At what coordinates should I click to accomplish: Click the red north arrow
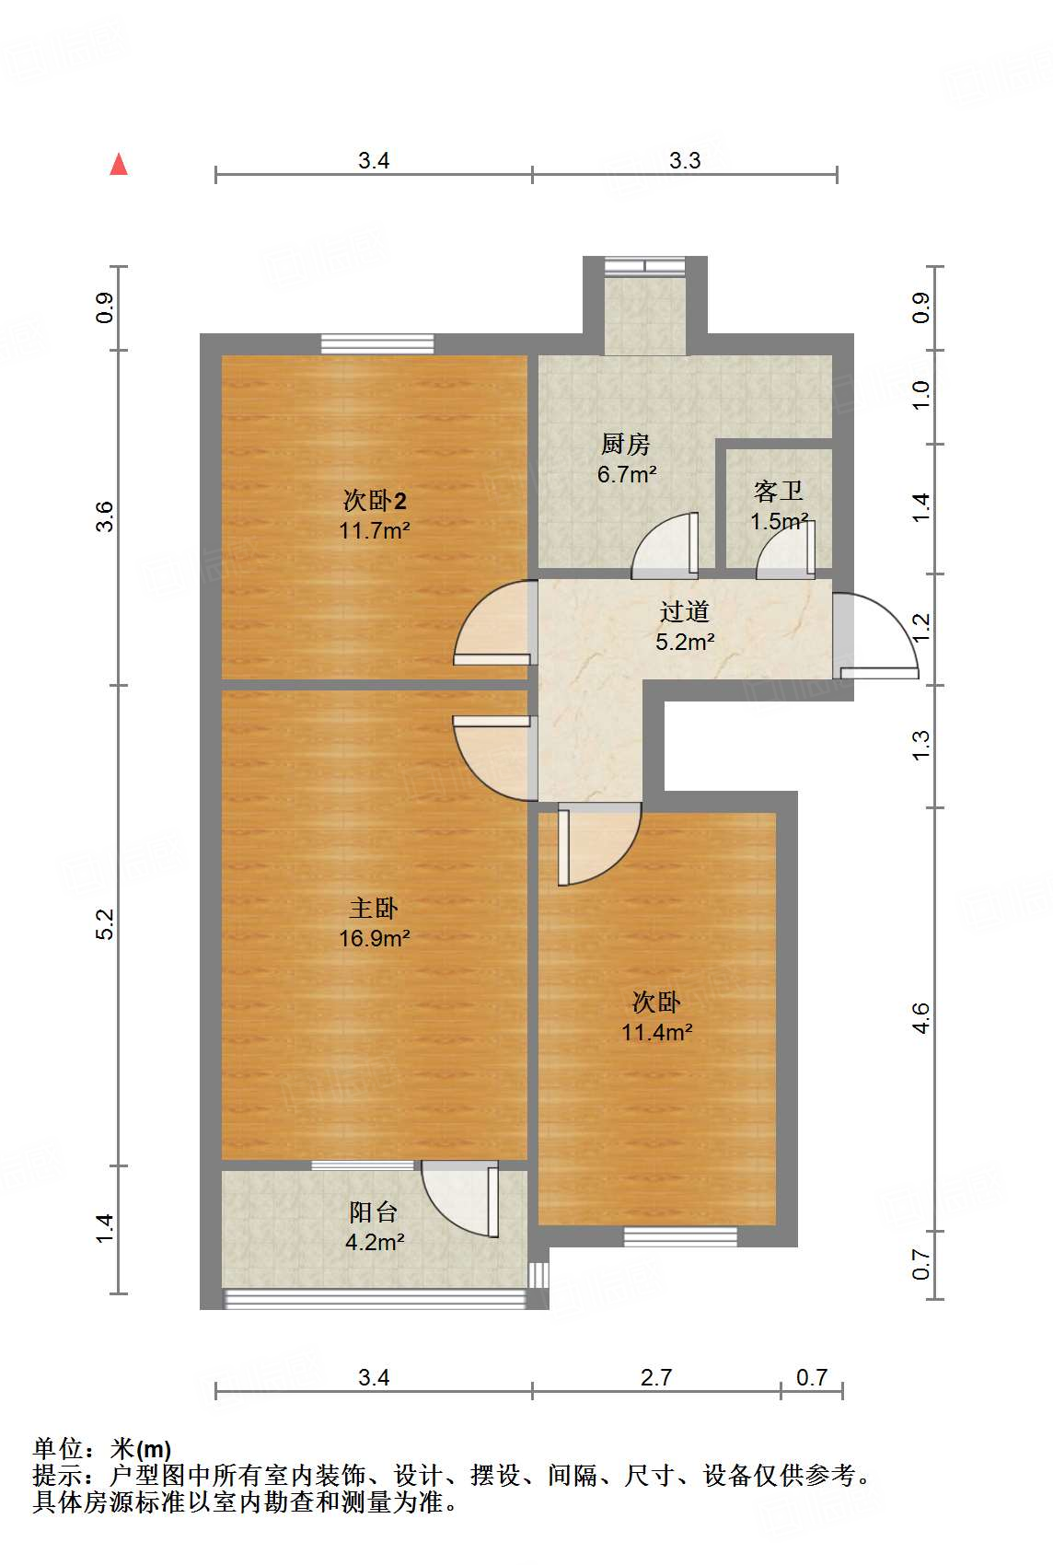(119, 164)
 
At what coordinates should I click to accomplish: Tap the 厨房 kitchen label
(626, 445)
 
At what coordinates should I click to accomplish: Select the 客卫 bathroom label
(778, 491)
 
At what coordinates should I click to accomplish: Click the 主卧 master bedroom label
(374, 909)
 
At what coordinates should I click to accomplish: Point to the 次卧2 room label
(375, 501)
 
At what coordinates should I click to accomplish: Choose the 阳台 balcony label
(374, 1211)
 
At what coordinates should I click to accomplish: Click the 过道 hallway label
(685, 611)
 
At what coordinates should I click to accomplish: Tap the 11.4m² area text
(656, 1033)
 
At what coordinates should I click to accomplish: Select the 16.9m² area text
(374, 939)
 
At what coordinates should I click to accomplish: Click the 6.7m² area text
(627, 475)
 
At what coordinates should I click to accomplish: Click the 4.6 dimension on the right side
(921, 1018)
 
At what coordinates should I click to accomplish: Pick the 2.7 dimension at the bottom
(656, 1377)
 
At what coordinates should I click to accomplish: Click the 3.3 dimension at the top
(685, 160)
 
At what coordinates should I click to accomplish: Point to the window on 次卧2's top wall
(377, 344)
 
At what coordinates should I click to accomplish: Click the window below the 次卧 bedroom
(680, 1236)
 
